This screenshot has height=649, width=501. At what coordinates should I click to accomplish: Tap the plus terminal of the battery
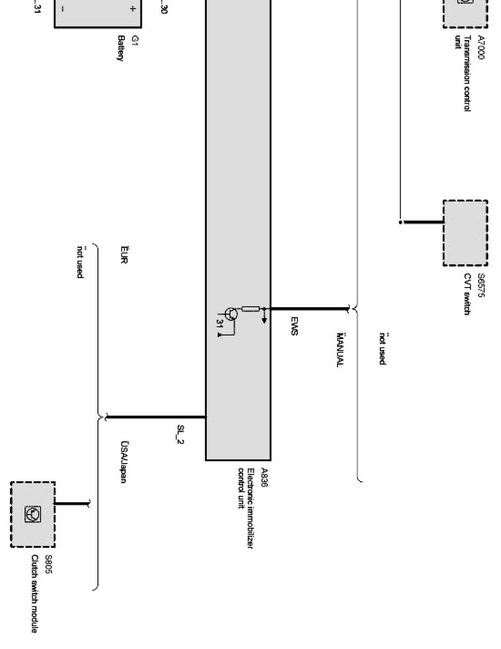point(133,9)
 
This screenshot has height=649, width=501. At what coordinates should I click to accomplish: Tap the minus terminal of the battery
point(63,9)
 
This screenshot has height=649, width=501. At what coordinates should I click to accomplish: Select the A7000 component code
point(481,47)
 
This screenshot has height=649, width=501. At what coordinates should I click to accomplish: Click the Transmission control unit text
point(462,73)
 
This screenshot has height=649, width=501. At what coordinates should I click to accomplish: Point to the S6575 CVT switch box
point(465,233)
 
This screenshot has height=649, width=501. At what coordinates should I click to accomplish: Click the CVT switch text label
point(467,294)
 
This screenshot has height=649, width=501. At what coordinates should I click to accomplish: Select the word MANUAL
point(340,350)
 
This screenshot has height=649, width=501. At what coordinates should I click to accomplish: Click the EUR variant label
point(123,255)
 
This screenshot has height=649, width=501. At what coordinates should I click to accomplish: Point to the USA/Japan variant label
point(124,462)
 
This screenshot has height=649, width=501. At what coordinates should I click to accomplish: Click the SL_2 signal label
point(180,435)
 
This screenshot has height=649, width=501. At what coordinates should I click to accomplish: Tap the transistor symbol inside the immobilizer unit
point(230,314)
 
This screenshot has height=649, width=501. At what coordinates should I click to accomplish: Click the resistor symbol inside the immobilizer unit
point(250,308)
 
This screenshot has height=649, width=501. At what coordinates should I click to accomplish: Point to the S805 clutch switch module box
point(33,514)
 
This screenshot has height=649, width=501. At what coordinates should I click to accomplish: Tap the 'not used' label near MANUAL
point(382,348)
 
